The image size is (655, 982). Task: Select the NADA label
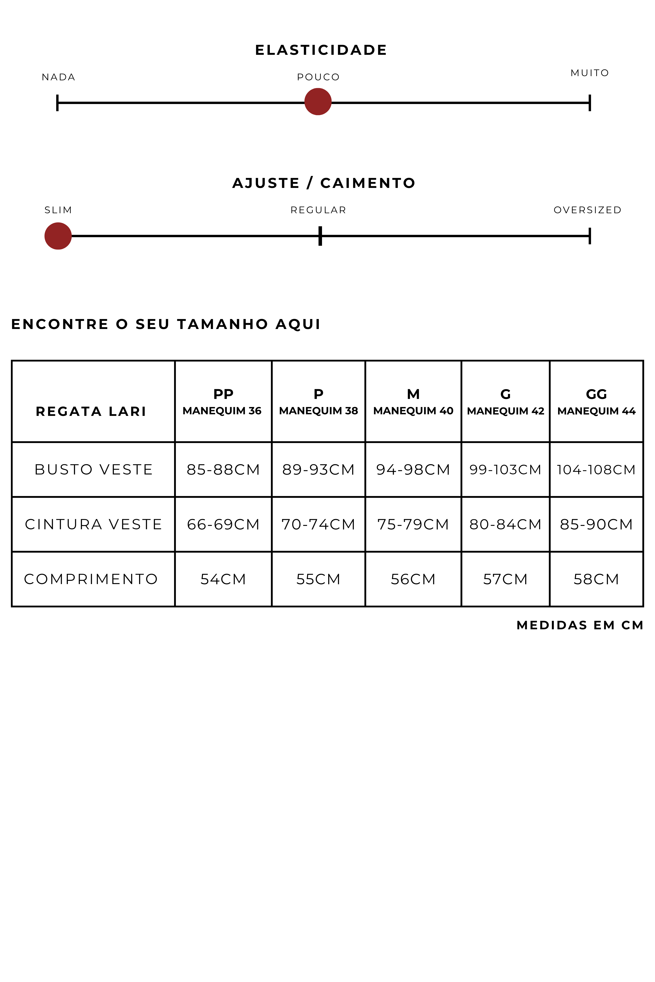pyautogui.click(x=58, y=77)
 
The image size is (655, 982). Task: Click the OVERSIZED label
pyautogui.click(x=587, y=210)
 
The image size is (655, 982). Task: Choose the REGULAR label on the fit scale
pyautogui.click(x=318, y=210)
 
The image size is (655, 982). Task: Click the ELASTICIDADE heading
pyautogui.click(x=321, y=50)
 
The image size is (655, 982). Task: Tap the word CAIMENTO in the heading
pyautogui.click(x=368, y=183)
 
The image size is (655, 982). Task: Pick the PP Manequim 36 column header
pyautogui.click(x=223, y=402)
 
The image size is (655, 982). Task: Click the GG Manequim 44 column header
pyautogui.click(x=596, y=402)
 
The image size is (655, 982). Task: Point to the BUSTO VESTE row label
pyautogui.click(x=94, y=470)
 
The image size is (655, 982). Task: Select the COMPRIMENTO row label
pyautogui.click(x=91, y=579)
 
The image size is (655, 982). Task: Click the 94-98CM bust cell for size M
pyautogui.click(x=413, y=470)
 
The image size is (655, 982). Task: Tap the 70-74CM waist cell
pyautogui.click(x=318, y=524)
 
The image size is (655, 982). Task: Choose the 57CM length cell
pyautogui.click(x=505, y=579)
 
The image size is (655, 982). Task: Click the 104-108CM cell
pyautogui.click(x=596, y=470)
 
